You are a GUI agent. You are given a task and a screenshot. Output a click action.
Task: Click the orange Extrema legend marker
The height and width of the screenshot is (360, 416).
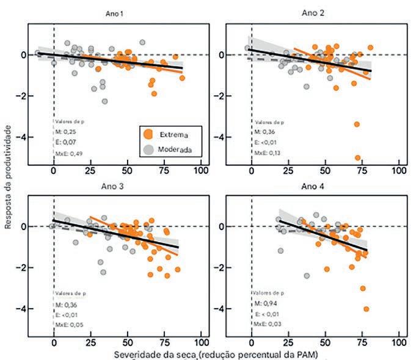(147, 133)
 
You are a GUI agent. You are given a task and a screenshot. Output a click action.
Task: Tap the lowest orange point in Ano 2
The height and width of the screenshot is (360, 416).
(358, 157)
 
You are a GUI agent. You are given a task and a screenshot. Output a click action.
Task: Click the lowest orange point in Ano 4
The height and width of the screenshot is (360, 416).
(367, 309)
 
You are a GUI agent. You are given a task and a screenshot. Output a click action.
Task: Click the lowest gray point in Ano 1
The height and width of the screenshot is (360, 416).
(104, 101)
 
